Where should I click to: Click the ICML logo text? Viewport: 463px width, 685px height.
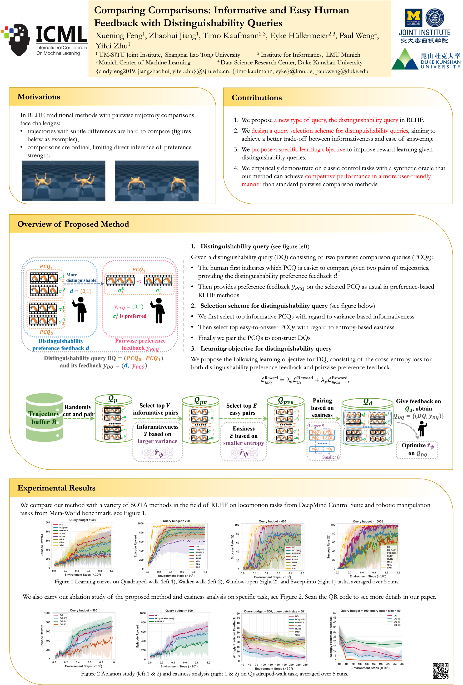pos(61,35)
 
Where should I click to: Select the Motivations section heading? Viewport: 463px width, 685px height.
pos(39,97)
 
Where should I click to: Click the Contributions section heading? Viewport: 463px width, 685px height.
pos(257,98)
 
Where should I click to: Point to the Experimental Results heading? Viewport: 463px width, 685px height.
pos(56,488)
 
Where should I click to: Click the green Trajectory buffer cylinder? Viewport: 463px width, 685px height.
pos(44,417)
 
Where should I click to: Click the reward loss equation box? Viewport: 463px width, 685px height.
pos(304,380)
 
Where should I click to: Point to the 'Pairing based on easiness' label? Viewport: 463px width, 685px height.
pos(322,408)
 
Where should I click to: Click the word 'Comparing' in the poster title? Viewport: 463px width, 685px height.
pos(119,10)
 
